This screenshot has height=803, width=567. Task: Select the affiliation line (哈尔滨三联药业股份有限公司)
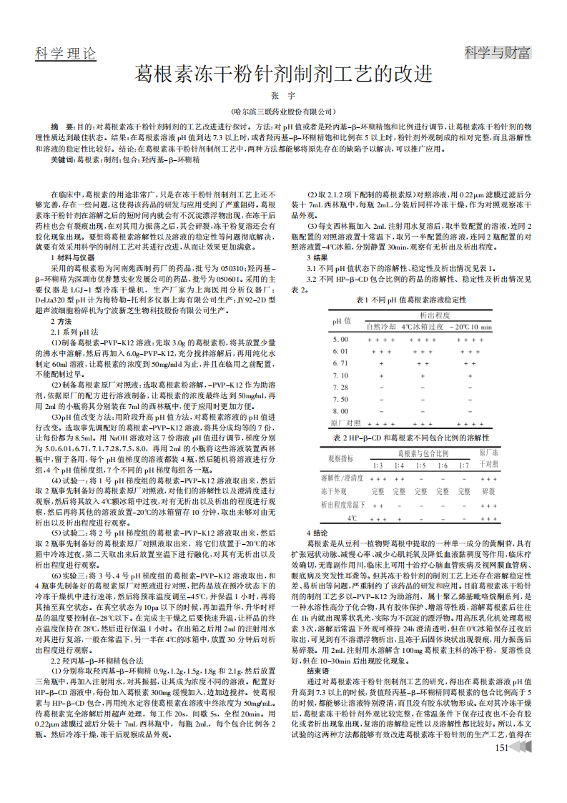(x=284, y=112)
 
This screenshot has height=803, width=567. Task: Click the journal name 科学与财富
(x=498, y=53)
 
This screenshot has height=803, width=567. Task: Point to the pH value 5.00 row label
(x=341, y=339)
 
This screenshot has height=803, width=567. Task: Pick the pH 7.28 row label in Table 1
(x=341, y=387)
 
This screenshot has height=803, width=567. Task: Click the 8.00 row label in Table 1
(x=341, y=410)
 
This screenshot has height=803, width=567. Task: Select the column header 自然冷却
(x=380, y=326)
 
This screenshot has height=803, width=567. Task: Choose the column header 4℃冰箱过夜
(x=423, y=326)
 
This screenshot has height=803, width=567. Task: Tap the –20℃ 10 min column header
(x=470, y=326)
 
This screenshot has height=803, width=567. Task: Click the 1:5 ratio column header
(x=421, y=465)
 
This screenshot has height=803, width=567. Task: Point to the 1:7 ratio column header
(x=464, y=465)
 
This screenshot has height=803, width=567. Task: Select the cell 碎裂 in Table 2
(x=489, y=491)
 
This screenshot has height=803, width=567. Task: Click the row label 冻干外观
(x=334, y=491)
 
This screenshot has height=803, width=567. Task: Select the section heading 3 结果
(x=317, y=257)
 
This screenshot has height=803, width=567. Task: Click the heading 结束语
(x=318, y=671)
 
